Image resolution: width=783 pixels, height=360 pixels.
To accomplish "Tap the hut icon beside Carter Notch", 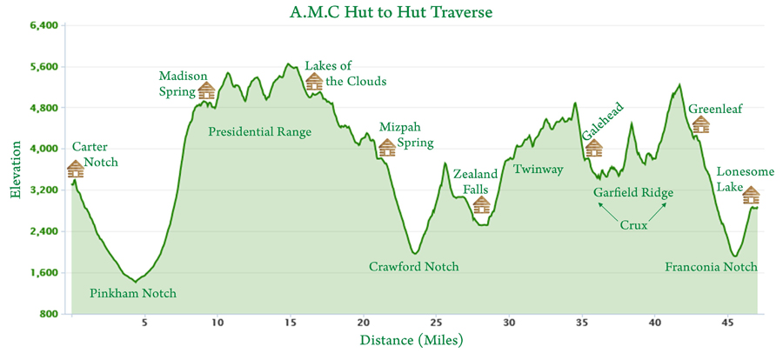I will pos(76,169).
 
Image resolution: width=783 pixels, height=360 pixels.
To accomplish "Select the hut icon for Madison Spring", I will pos(206,90).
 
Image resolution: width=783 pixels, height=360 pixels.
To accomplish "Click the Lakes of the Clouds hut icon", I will pos(314,83).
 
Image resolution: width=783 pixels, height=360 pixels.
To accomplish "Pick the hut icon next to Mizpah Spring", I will pos(387,148).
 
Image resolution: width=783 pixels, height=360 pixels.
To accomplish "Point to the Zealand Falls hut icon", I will pos(481,205).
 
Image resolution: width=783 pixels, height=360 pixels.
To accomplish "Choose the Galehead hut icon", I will pos(594,148).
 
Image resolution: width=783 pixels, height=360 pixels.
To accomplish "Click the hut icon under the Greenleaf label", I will pos(700,124).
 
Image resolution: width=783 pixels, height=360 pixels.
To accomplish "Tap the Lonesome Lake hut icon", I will pos(751,196).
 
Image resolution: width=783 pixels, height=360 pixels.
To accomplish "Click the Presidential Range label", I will pos(260,132).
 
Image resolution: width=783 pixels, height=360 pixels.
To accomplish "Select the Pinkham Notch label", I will pos(133,294).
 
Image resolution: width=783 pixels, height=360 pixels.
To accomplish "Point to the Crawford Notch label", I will pos(413,267).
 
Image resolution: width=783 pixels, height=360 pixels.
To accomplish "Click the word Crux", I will pos(634,225).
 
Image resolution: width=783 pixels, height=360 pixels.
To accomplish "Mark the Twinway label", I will pos(539,170).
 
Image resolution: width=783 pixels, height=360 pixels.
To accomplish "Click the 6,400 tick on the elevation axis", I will pos(43,26).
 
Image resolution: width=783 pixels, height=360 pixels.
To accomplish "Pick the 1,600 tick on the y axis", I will pos(43,273).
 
